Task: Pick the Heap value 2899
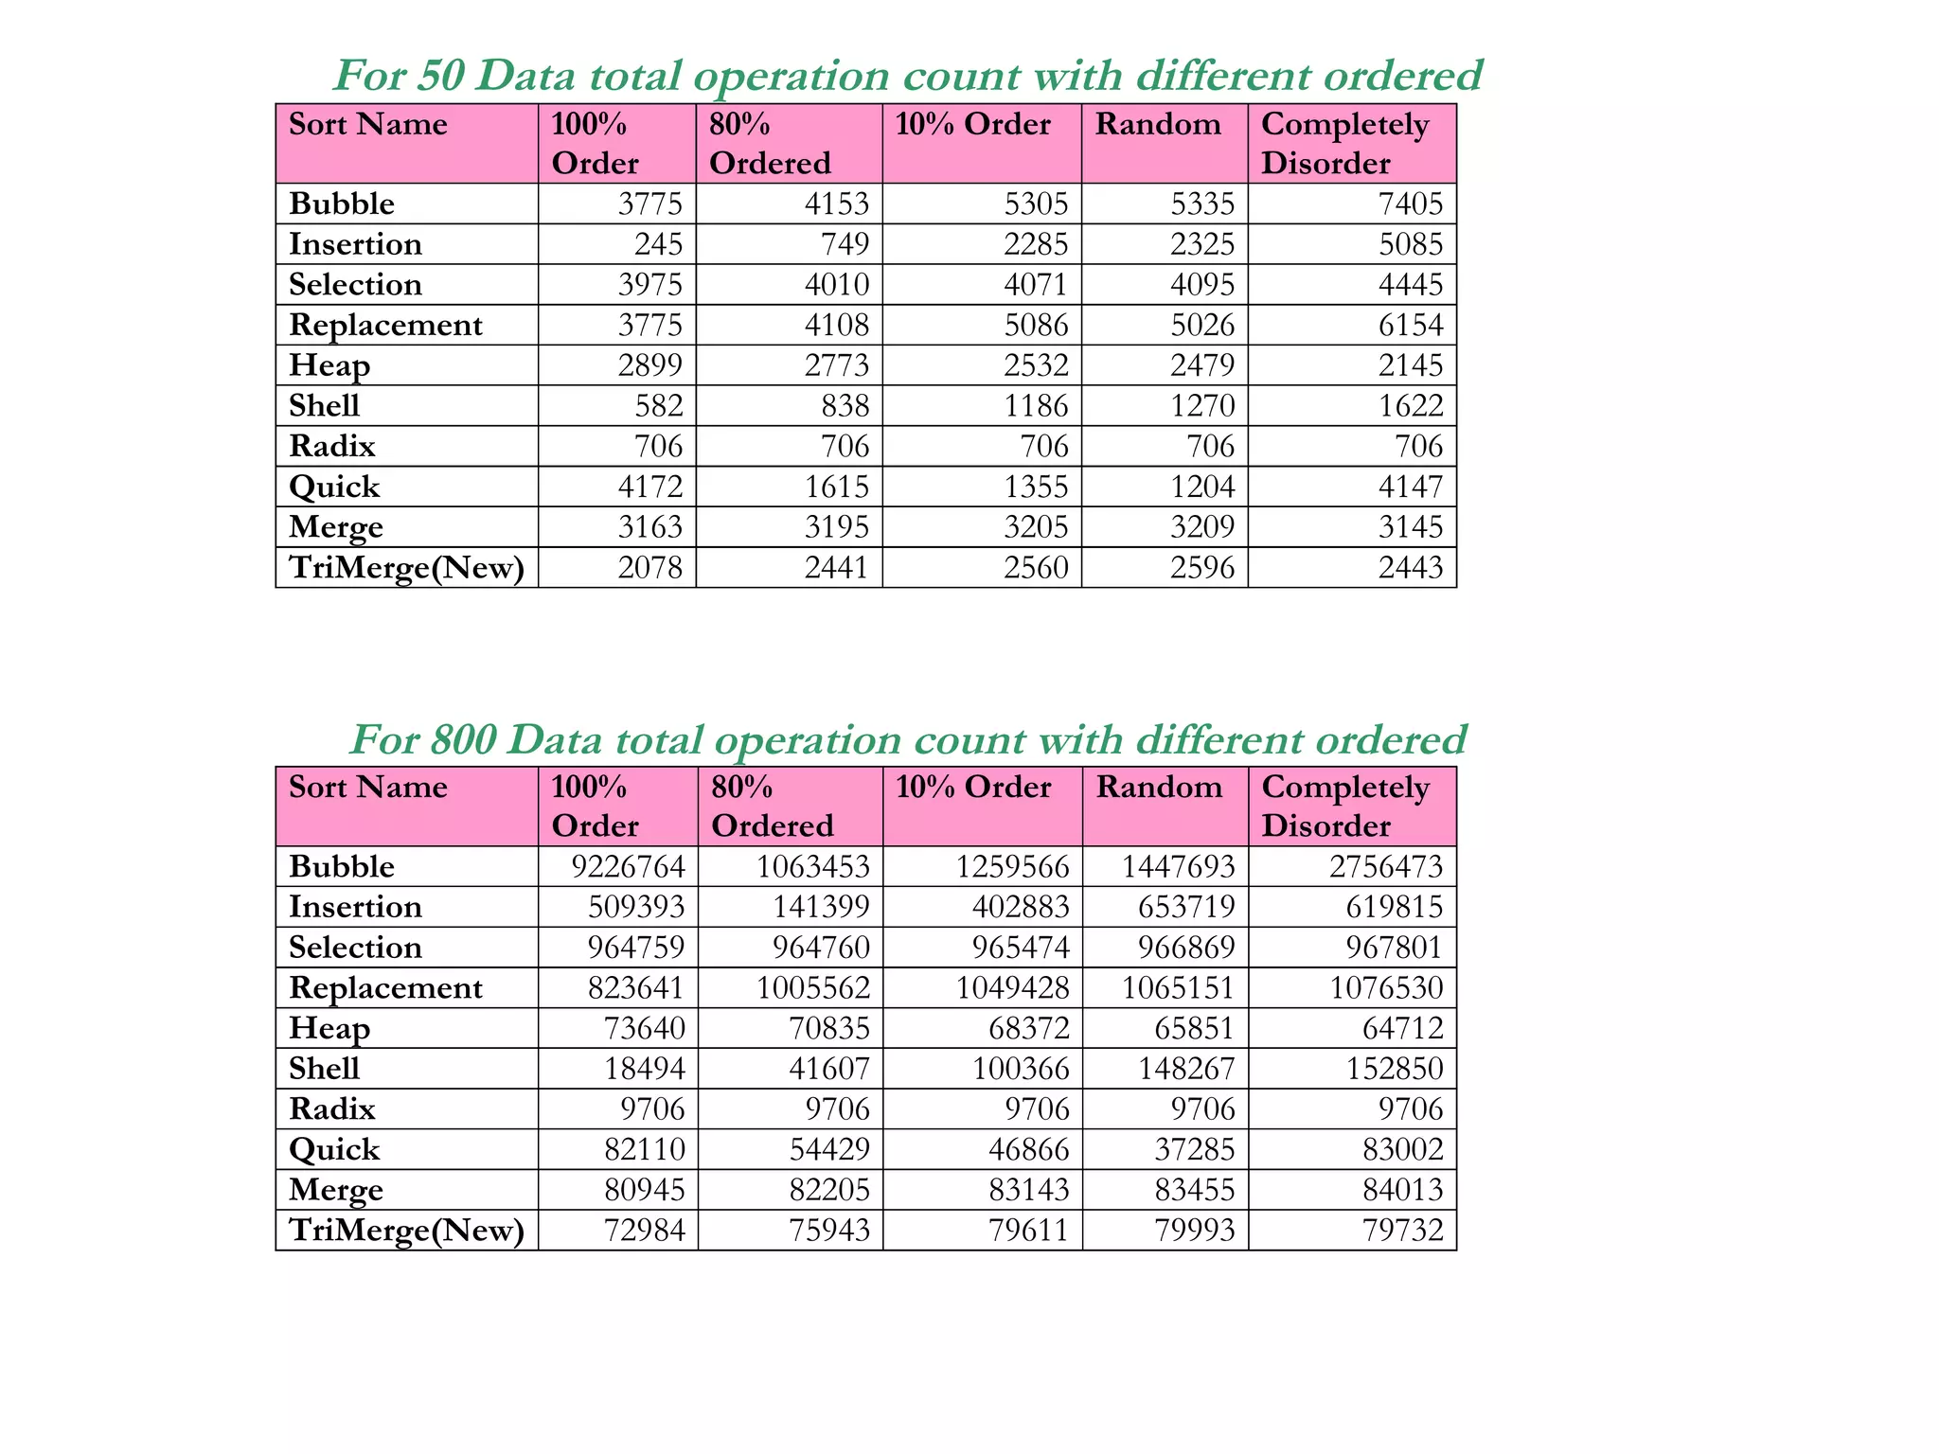coord(649,365)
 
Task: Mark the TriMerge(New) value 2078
coord(649,567)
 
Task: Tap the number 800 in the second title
coord(463,739)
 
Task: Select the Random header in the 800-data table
coord(1159,788)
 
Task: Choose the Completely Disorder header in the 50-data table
coord(1344,143)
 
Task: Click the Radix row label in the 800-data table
coord(332,1108)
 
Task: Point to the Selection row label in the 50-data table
coord(355,285)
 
